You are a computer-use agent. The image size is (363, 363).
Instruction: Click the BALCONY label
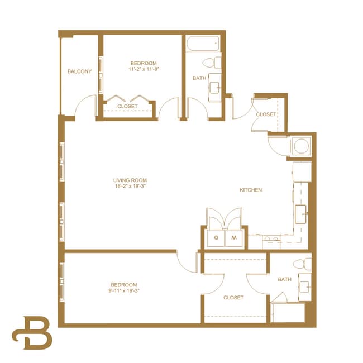(79, 71)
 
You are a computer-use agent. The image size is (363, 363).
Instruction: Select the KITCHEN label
(251, 190)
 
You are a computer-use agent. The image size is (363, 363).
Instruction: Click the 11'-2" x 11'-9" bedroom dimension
(144, 70)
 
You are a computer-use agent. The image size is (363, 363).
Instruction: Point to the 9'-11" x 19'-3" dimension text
(123, 291)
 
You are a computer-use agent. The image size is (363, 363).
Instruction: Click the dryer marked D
(216, 237)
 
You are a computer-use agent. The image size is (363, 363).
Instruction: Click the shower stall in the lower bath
(288, 312)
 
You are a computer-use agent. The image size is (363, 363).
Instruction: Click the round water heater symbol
(302, 146)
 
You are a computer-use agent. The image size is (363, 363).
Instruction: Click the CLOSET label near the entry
(266, 114)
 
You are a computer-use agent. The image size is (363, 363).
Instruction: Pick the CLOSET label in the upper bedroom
(127, 106)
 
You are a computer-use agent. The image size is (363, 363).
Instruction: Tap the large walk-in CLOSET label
(233, 298)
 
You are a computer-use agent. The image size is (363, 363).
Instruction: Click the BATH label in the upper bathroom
(199, 78)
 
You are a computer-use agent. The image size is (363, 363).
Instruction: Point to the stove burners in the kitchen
(271, 241)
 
